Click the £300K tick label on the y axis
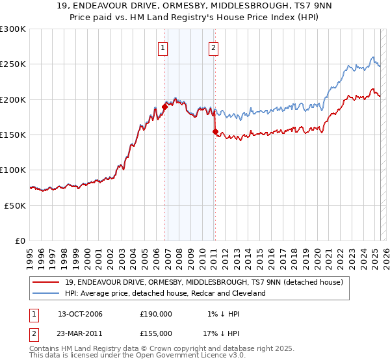pyautogui.click(x=13, y=29)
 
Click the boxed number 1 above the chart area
pyautogui.click(x=162, y=47)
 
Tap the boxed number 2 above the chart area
pyautogui.click(x=213, y=47)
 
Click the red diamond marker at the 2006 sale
pyautogui.click(x=164, y=107)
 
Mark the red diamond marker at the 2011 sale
pyautogui.click(x=215, y=131)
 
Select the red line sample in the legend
pyautogui.click(x=46, y=282)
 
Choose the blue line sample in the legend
pyautogui.click(x=46, y=293)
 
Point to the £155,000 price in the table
pyautogui.click(x=156, y=333)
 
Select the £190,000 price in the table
pyautogui.click(x=156, y=314)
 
